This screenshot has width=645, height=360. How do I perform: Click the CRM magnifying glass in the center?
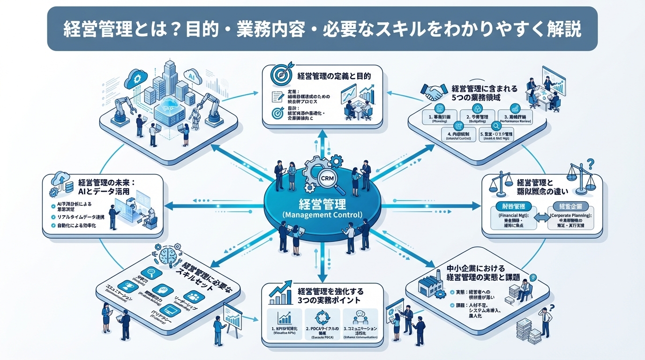[x=327, y=179]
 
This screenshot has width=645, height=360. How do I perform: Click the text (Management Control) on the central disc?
[x=322, y=215]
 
